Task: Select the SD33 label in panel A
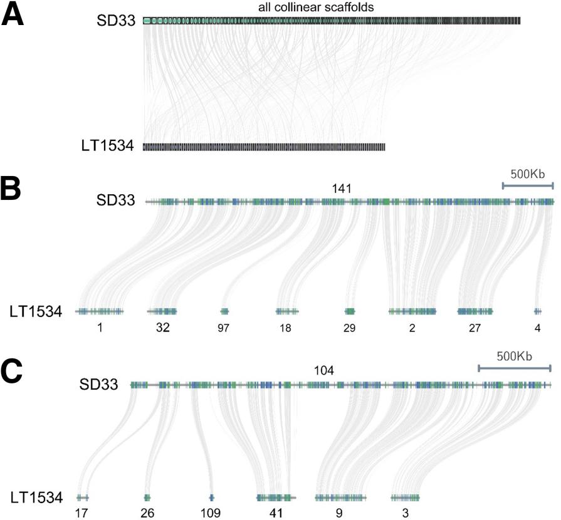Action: (119, 20)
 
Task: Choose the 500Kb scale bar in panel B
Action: (528, 185)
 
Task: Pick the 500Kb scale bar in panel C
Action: (514, 368)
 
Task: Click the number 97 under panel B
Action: (224, 327)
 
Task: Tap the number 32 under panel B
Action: (163, 327)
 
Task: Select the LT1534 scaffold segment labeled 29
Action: (350, 311)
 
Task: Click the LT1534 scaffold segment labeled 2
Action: (412, 311)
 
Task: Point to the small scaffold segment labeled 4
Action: (537, 311)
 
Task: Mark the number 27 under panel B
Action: (474, 327)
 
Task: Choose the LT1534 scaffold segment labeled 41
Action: (276, 497)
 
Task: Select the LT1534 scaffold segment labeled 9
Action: (340, 497)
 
